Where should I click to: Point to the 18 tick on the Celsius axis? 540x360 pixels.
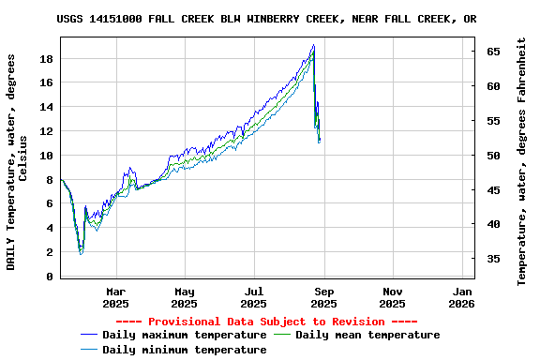[x=46, y=58]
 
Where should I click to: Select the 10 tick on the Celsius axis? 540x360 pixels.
[x=46, y=156]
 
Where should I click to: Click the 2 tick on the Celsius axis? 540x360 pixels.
[x=50, y=252]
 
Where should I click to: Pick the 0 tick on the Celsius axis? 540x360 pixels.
[x=50, y=277]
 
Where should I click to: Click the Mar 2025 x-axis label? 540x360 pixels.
[x=115, y=297]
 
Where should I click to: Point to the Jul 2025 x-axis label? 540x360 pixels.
[x=253, y=297]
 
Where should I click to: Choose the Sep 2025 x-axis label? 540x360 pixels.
[x=323, y=297]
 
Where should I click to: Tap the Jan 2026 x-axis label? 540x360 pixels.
[x=461, y=297]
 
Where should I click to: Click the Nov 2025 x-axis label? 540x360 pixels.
[x=393, y=297]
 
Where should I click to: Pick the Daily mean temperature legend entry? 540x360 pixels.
[x=367, y=335]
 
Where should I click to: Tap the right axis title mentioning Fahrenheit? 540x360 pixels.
[x=521, y=162]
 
